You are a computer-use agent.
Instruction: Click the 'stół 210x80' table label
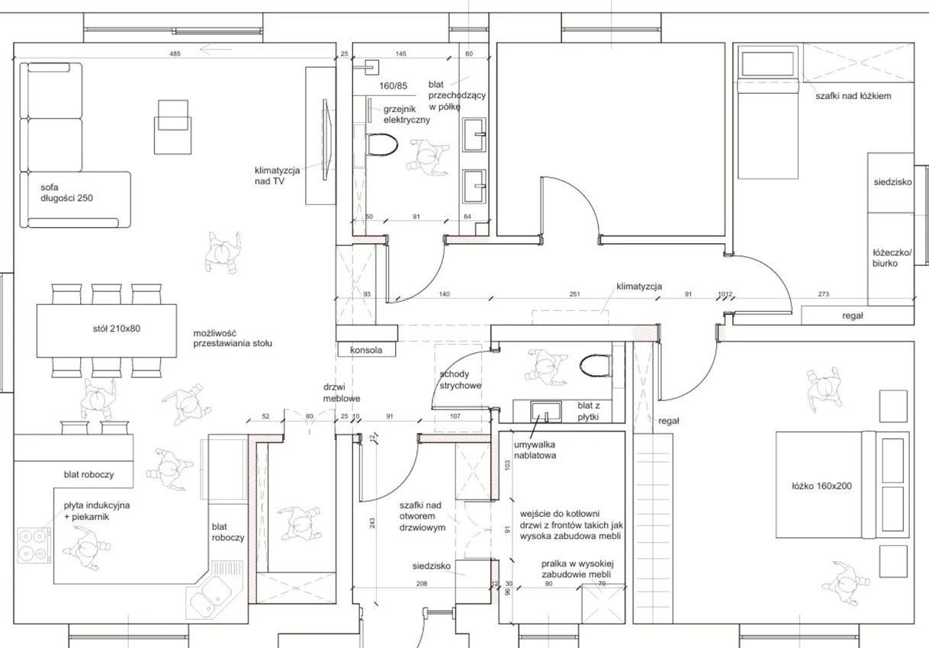click(117, 329)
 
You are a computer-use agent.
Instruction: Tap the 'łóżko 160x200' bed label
click(821, 486)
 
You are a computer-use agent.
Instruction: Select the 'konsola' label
click(366, 350)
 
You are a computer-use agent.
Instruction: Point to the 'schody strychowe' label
click(461, 380)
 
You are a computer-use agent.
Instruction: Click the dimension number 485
click(175, 53)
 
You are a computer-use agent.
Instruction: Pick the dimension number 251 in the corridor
click(574, 294)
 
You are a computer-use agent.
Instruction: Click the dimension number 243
click(372, 523)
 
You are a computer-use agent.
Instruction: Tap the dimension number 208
click(421, 584)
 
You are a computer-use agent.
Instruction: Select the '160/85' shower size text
click(393, 86)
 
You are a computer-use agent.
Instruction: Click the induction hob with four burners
click(34, 546)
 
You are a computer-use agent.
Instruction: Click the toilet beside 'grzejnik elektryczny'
click(382, 145)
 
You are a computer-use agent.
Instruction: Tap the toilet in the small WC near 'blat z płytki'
click(596, 366)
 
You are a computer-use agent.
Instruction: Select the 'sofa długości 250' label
click(67, 193)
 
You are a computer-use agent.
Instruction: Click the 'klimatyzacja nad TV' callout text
click(277, 176)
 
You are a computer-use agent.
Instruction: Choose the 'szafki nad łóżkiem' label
click(853, 96)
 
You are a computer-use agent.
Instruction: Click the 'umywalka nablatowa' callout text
click(535, 451)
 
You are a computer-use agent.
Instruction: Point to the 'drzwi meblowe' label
click(342, 393)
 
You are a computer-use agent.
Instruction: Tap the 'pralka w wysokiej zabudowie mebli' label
click(577, 569)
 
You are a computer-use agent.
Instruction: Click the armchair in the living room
click(173, 127)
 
